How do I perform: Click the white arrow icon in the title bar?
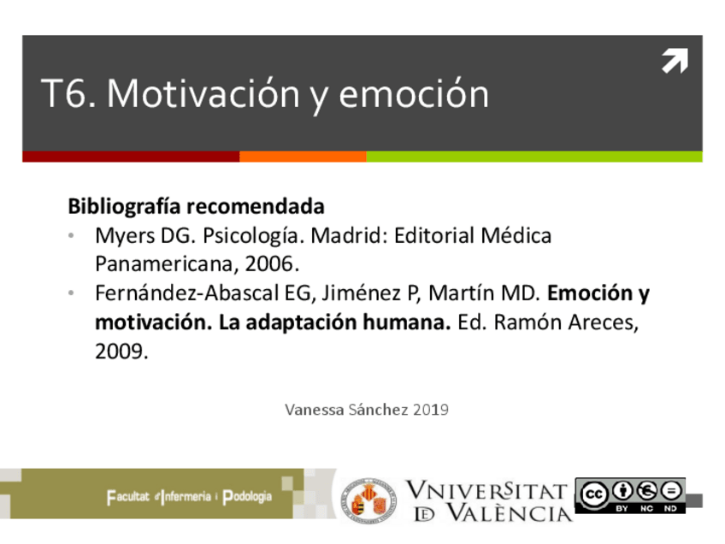675,62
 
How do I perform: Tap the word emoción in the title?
414,94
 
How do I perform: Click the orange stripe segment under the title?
303,157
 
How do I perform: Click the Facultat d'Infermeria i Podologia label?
189,497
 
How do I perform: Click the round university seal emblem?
368,500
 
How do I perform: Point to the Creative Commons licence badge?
630,495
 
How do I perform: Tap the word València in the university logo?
505,513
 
